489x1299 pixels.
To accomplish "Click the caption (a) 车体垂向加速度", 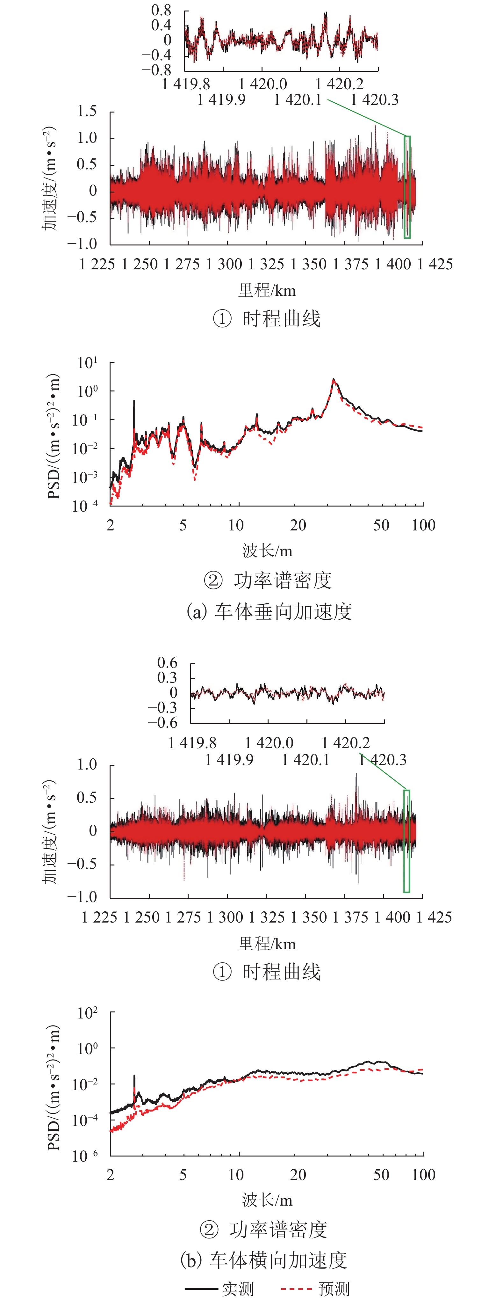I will pyautogui.click(x=269, y=611).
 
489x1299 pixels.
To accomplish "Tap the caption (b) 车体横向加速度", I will pyautogui.click(x=263, y=1260).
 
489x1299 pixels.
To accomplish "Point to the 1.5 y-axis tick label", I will pyautogui.click(x=87, y=112).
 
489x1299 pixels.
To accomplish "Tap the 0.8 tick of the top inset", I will pyautogui.click(x=161, y=11).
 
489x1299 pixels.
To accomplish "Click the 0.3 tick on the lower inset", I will pyautogui.click(x=167, y=678).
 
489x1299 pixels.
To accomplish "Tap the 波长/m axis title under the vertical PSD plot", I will pyautogui.click(x=267, y=551).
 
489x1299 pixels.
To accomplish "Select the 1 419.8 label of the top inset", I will pyautogui.click(x=185, y=84).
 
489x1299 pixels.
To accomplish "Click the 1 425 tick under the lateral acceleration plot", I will pyautogui.click(x=434, y=917).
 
